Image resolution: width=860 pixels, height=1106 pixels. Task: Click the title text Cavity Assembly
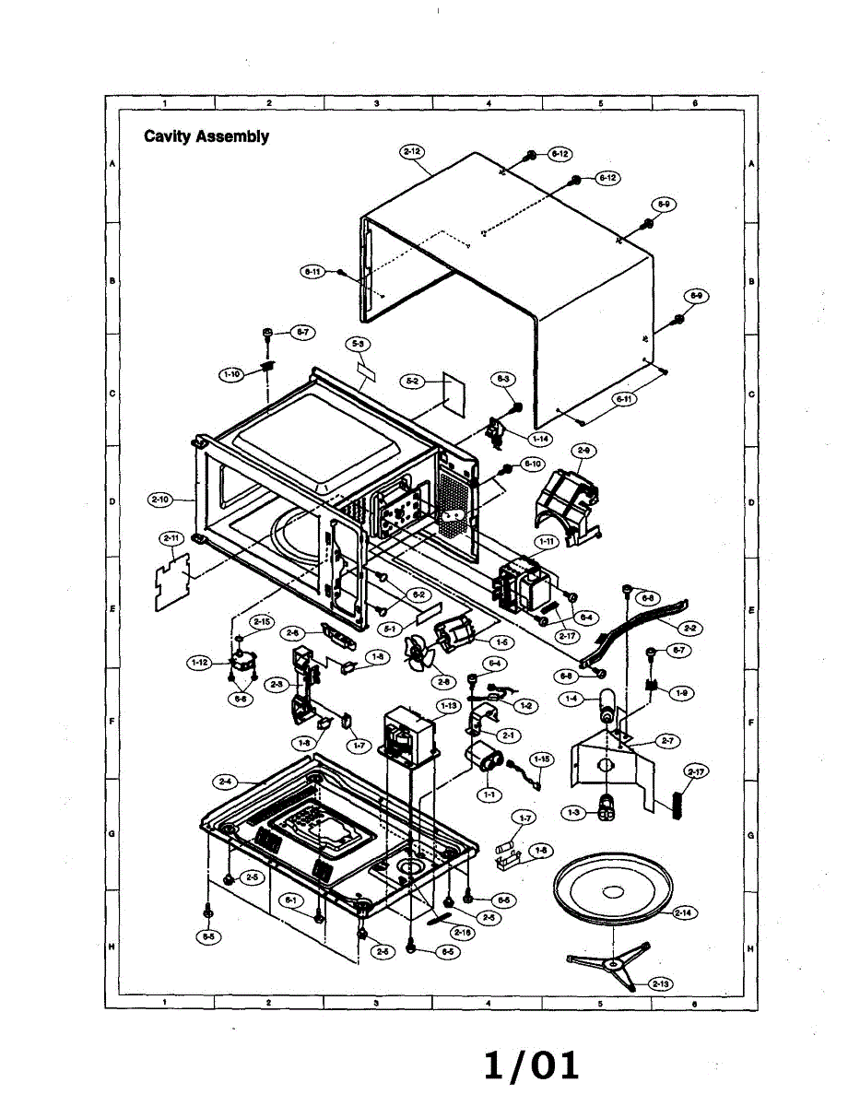pos(206,136)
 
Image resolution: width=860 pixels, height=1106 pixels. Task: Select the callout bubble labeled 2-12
pos(412,150)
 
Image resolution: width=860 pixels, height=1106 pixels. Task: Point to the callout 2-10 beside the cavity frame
pos(160,500)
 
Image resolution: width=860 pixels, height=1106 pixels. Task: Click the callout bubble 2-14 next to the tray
pos(683,912)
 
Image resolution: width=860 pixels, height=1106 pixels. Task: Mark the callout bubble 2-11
pos(171,537)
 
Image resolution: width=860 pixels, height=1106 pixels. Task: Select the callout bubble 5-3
pos(360,344)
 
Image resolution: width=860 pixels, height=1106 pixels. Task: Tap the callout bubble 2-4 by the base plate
pos(224,782)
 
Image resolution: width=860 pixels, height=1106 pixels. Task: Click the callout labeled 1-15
pos(542,759)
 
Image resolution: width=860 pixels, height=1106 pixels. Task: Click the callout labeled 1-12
pos(199,662)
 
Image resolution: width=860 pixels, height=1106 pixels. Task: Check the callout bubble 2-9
pos(583,450)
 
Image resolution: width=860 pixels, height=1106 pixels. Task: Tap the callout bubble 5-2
pos(412,379)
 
